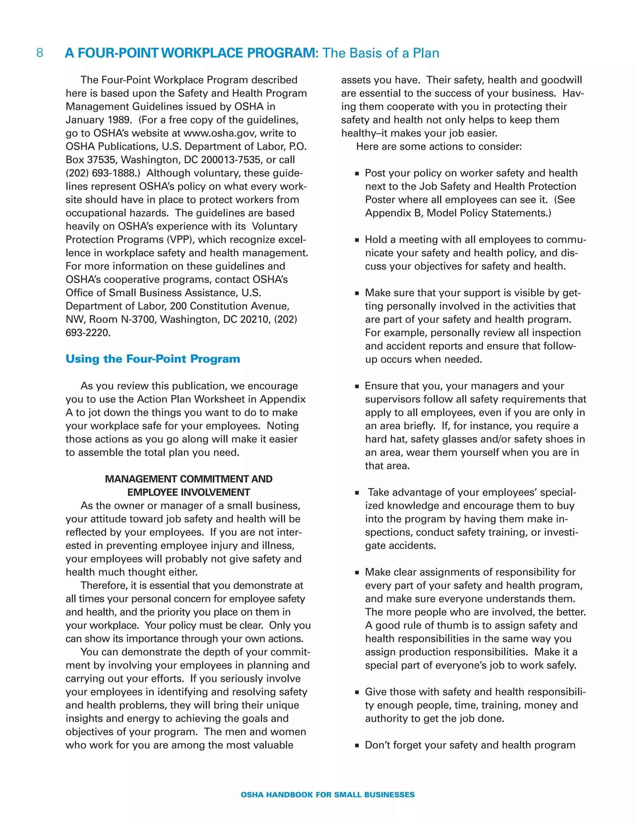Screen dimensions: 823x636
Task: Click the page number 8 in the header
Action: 39,53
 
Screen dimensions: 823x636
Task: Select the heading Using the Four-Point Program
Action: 152,359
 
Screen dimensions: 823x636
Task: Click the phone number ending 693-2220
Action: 88,333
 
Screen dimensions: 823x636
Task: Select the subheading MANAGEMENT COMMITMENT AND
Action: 189,479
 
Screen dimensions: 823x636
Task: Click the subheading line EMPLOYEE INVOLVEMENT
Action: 189,492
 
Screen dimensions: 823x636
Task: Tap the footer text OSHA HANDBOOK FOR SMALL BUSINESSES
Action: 327,795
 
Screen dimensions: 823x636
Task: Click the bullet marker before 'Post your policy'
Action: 357,174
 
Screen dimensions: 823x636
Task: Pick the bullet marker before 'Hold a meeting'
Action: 357,240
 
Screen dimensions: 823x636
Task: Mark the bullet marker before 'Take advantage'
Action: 357,493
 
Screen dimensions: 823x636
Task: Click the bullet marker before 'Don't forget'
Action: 357,746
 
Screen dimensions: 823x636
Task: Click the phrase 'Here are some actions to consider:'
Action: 439,147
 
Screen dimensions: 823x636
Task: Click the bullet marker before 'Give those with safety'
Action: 357,692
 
